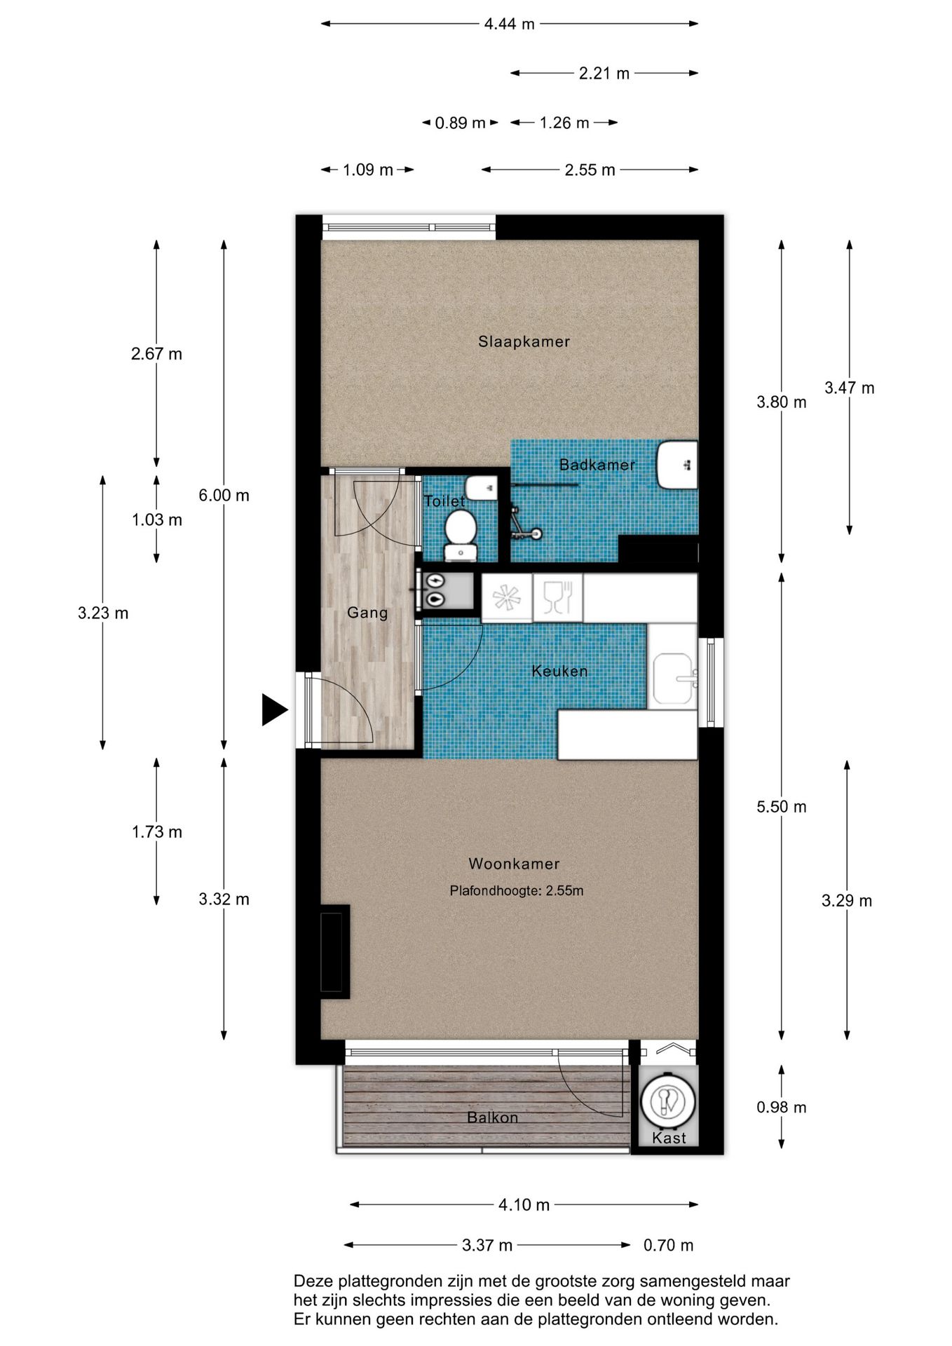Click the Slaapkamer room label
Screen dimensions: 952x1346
[524, 341]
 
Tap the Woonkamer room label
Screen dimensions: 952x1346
[514, 864]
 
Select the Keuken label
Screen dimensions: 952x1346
[559, 671]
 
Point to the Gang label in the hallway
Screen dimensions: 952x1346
[367, 613]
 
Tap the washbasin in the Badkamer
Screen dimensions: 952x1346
[677, 465]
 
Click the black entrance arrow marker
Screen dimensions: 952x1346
[274, 709]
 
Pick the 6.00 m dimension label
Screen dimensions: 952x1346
[224, 495]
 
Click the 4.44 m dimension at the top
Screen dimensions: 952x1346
[510, 24]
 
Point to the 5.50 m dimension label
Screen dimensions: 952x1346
[781, 807]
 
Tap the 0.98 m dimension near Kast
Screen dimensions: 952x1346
[781, 1107]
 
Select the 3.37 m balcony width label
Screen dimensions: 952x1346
[487, 1245]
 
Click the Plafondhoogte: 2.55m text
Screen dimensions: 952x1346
[517, 890]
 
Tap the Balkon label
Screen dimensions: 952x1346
[493, 1117]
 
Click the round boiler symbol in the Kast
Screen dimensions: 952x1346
[668, 1101]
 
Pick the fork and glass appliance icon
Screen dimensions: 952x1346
[558, 598]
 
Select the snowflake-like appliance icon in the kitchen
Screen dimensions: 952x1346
[507, 598]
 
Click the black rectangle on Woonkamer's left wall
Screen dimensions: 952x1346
[335, 951]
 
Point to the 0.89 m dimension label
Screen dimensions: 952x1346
[460, 123]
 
